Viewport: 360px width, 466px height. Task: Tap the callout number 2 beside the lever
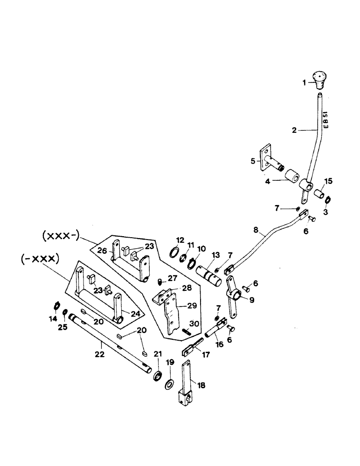(294, 131)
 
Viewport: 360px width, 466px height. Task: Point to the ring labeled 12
(172, 252)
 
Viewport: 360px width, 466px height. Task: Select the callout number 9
(251, 301)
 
